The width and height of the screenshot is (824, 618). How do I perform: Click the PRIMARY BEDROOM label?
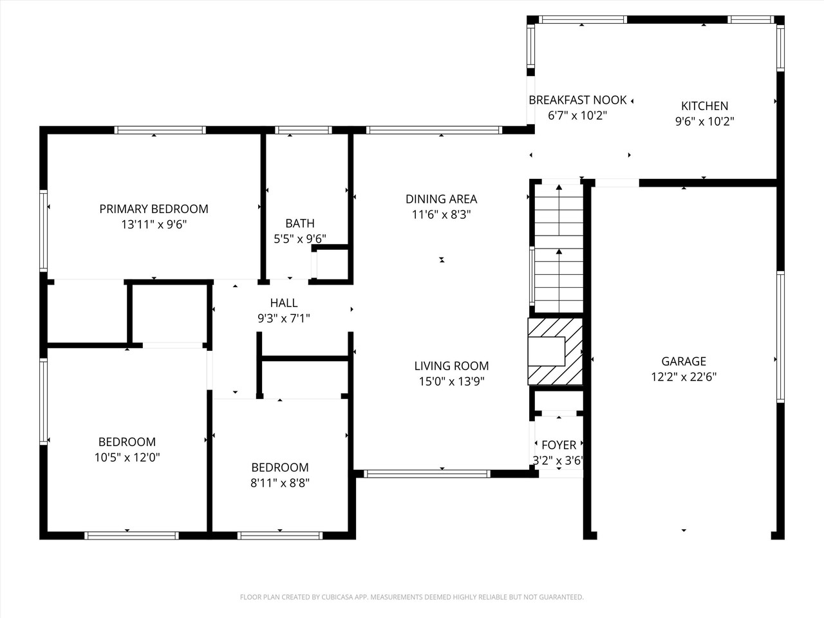153,209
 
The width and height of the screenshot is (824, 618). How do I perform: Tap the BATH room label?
300,223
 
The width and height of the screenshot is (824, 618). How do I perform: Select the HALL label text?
283,303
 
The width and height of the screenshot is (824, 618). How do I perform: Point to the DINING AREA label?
441,199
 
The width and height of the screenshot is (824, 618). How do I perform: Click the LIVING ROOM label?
451,366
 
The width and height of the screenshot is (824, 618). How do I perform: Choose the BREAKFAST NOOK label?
577,100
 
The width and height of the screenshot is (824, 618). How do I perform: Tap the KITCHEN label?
704,106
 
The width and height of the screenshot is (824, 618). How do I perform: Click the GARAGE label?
684,361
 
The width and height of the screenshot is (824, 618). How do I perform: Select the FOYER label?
558,445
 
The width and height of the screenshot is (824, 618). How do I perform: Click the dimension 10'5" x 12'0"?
127,458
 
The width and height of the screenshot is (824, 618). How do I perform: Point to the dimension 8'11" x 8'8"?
280,483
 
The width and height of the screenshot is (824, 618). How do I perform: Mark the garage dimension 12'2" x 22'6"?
684,377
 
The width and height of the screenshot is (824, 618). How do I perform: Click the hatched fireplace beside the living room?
555,351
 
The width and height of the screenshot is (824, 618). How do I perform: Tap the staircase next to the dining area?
557,248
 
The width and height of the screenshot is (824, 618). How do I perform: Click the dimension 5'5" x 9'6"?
300,239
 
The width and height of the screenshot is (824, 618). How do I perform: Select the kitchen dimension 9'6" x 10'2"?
704,121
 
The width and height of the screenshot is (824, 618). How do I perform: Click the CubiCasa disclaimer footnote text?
411,597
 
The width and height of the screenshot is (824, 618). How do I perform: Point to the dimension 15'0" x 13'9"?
451,381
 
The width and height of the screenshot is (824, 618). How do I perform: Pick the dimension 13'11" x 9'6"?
153,224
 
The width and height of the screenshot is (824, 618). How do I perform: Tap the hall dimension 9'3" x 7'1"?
283,317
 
